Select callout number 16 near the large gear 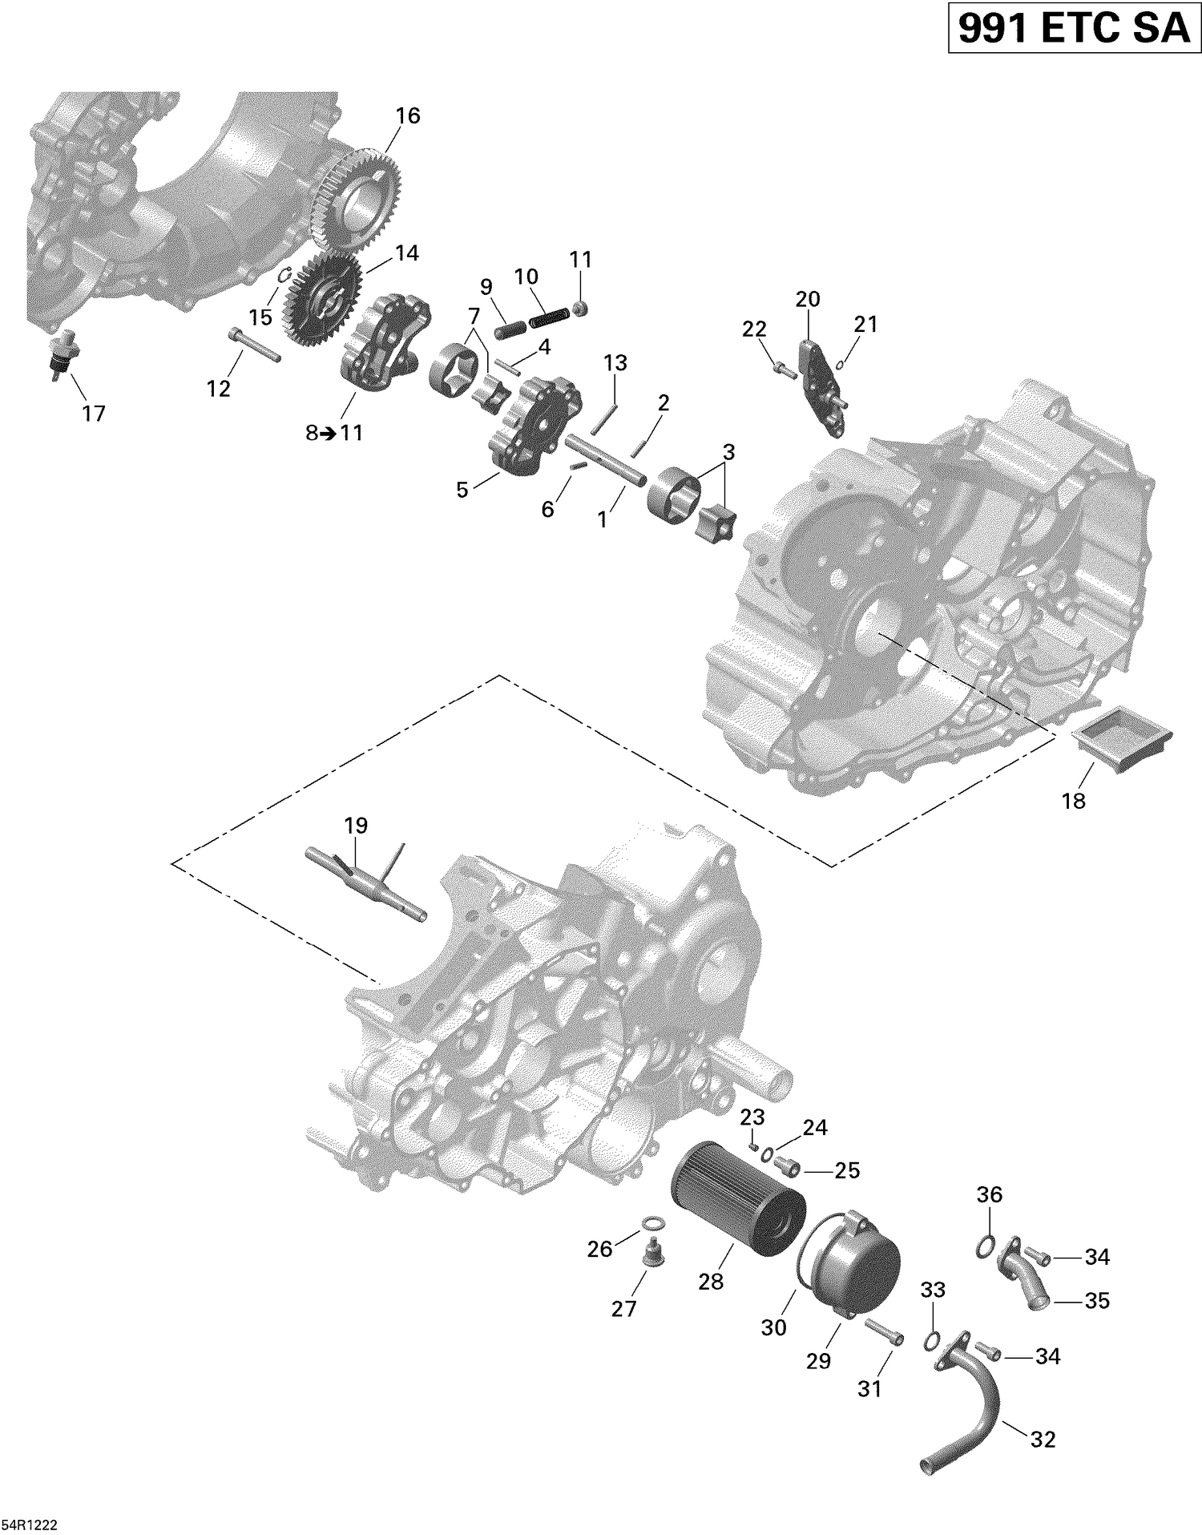pyautogui.click(x=407, y=116)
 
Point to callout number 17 pyautogui.click(x=94, y=414)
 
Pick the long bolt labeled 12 pyautogui.click(x=254, y=345)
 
